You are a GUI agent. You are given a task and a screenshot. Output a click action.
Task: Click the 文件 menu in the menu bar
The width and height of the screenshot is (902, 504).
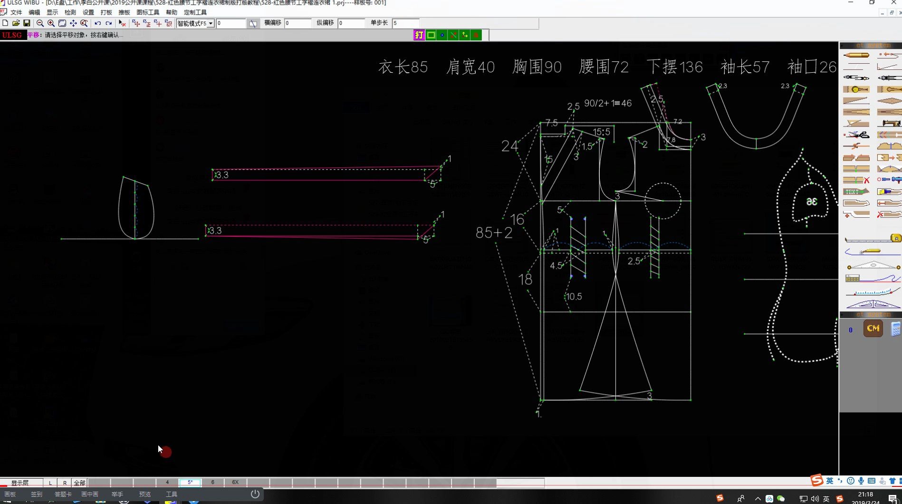pos(16,12)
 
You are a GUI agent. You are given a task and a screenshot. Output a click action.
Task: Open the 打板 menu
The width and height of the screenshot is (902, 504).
pos(106,12)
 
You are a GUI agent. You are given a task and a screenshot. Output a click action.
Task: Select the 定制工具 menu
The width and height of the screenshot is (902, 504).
pos(195,12)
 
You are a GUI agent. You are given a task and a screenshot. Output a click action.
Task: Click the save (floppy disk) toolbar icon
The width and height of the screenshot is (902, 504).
pos(27,23)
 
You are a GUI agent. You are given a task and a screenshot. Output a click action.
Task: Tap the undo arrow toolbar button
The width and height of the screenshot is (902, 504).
pos(97,23)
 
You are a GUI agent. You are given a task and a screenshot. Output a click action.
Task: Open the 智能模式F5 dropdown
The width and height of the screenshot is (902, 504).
pos(210,23)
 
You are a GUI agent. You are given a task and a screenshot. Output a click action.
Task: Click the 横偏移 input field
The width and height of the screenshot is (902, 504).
pos(297,23)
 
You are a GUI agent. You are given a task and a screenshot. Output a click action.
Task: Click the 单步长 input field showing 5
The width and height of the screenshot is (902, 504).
pos(405,23)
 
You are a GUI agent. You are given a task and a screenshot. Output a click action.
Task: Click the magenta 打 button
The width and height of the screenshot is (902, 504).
pos(419,35)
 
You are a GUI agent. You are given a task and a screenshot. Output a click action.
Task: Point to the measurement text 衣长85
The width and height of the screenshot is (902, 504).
pos(403,67)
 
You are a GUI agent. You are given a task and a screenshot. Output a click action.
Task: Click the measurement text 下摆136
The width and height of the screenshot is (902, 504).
pos(674,67)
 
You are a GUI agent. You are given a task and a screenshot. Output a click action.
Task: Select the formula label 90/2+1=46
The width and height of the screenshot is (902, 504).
pos(607,103)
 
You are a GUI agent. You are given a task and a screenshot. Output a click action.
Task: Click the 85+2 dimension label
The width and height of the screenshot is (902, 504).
pos(494,233)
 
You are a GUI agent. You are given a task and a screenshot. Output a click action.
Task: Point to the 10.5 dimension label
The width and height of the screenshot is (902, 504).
pos(574,297)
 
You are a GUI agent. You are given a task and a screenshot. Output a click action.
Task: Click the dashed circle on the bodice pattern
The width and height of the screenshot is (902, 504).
pos(662,201)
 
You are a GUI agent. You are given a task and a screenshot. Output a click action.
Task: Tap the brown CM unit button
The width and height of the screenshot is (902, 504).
pos(873,329)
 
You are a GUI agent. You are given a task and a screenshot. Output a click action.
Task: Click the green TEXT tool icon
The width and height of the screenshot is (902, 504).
pos(855,192)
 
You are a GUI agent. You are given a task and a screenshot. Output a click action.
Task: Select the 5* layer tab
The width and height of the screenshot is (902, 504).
pos(190,482)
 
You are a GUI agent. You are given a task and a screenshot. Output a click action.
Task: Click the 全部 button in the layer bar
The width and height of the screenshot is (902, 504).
pos(79,483)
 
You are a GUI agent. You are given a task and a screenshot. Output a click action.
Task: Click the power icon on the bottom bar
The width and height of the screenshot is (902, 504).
pos(255,494)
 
